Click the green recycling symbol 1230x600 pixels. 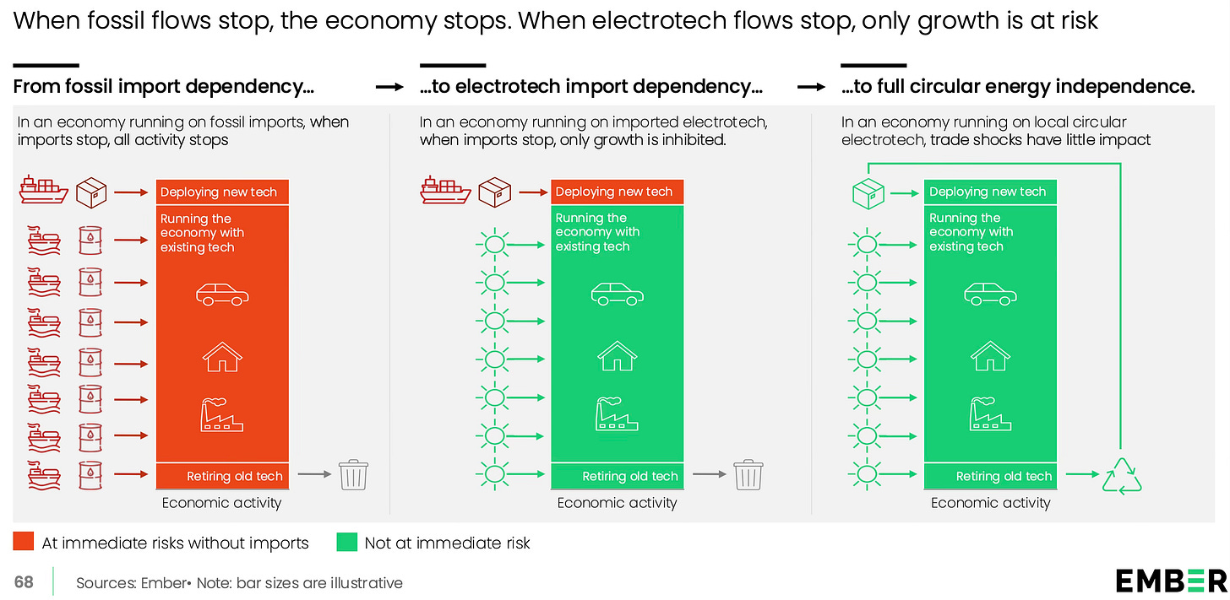pos(1122,475)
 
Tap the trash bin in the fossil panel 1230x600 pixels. pos(353,475)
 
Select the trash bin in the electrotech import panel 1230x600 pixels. pos(748,475)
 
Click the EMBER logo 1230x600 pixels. pos(1171,581)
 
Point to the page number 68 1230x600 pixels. pos(24,582)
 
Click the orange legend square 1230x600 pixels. pos(24,542)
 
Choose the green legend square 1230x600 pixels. pos(346,542)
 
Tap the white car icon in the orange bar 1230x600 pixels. pos(223,295)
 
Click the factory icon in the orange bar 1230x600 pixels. pos(222,414)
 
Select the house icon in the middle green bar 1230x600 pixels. pos(618,355)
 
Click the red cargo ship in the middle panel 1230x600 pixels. pos(445,192)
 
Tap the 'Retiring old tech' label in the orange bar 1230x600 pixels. pos(234,476)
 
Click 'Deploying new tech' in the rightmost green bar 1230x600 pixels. pos(988,192)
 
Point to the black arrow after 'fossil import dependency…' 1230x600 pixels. pos(389,87)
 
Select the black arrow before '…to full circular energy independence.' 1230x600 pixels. pos(811,87)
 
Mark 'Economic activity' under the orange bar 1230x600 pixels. pos(221,503)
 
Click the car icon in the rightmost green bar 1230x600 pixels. pos(990,295)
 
